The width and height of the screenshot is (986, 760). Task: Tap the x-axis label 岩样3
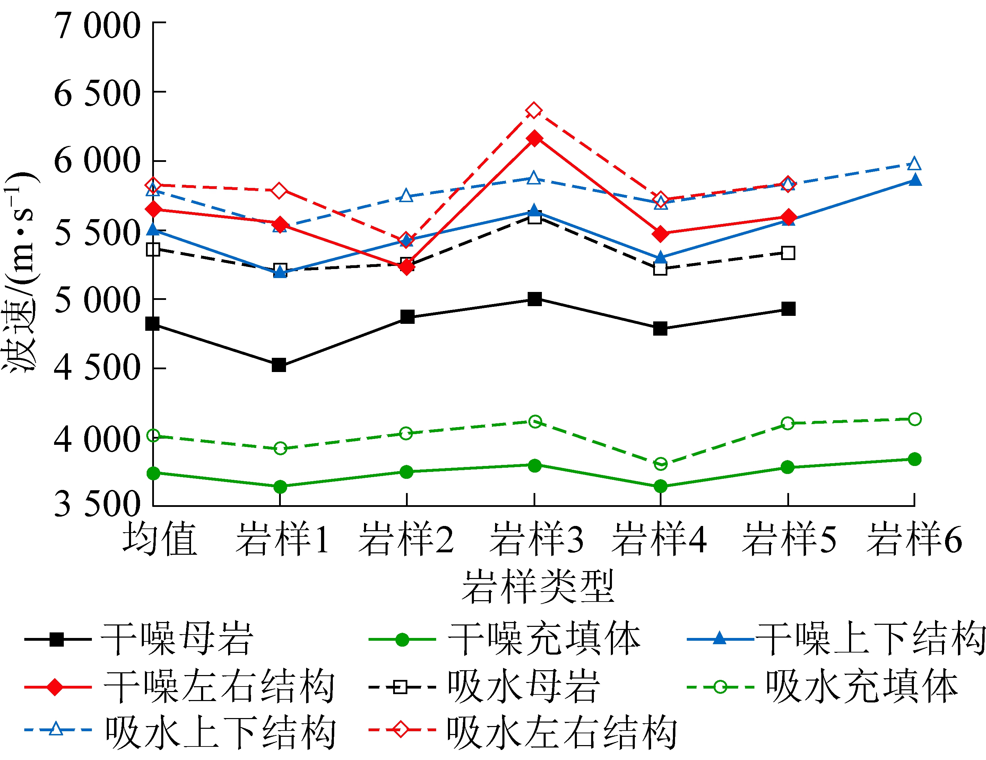point(536,539)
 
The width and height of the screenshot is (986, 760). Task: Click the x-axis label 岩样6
point(915,539)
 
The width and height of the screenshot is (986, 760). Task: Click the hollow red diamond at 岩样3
point(534,111)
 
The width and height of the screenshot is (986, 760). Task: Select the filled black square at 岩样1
point(279,365)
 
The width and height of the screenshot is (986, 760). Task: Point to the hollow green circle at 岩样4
point(660,464)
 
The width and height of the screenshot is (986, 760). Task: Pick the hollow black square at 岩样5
point(788,253)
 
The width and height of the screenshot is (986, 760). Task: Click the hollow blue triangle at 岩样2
point(406,196)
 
